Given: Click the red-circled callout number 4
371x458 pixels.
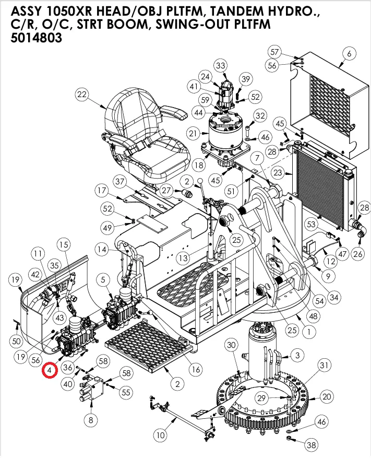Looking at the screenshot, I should point(50,370).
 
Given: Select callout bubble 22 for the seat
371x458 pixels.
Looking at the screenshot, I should point(81,95).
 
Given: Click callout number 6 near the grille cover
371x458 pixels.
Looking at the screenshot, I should point(349,53).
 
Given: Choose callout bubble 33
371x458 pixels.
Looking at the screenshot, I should point(221,65).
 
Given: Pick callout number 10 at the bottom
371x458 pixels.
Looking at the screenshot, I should point(161,434).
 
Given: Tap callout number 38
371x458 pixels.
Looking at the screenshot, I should point(312,445).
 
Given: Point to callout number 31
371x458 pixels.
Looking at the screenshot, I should point(325,364).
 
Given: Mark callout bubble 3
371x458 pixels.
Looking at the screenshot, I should point(297,355).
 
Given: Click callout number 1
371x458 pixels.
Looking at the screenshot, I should point(312,330).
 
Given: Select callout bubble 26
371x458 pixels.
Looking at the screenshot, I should point(357,254).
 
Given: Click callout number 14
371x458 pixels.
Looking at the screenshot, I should point(101,250).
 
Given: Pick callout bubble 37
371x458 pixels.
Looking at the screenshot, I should point(121,181).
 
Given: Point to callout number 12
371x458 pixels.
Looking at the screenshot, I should point(330,260).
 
